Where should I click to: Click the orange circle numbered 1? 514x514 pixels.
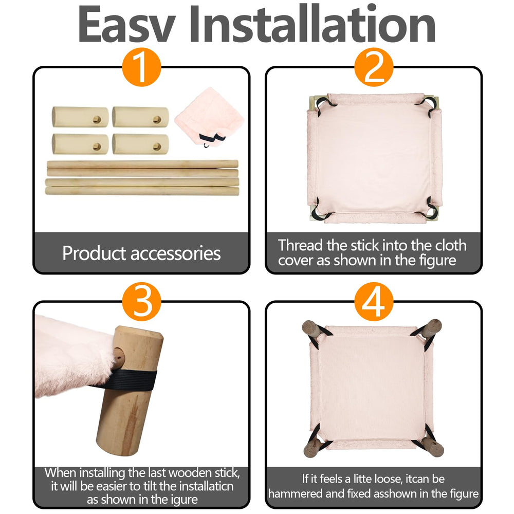point(142,67)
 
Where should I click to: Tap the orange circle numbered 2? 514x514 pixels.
point(374,67)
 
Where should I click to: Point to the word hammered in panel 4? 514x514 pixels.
point(293,493)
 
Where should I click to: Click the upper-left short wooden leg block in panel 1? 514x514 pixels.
point(80,117)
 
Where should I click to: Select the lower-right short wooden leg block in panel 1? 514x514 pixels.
point(141,144)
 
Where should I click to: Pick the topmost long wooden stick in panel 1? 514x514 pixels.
point(142,164)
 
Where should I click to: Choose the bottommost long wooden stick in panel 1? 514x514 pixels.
point(142,191)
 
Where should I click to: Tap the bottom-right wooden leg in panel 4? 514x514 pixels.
point(432,447)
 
